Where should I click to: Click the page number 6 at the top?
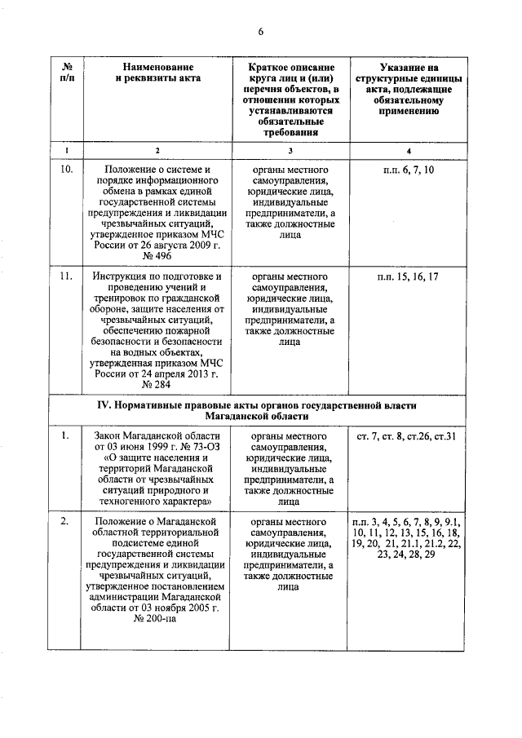point(261,31)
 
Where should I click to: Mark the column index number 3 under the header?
point(290,150)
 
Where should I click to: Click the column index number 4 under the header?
point(410,150)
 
